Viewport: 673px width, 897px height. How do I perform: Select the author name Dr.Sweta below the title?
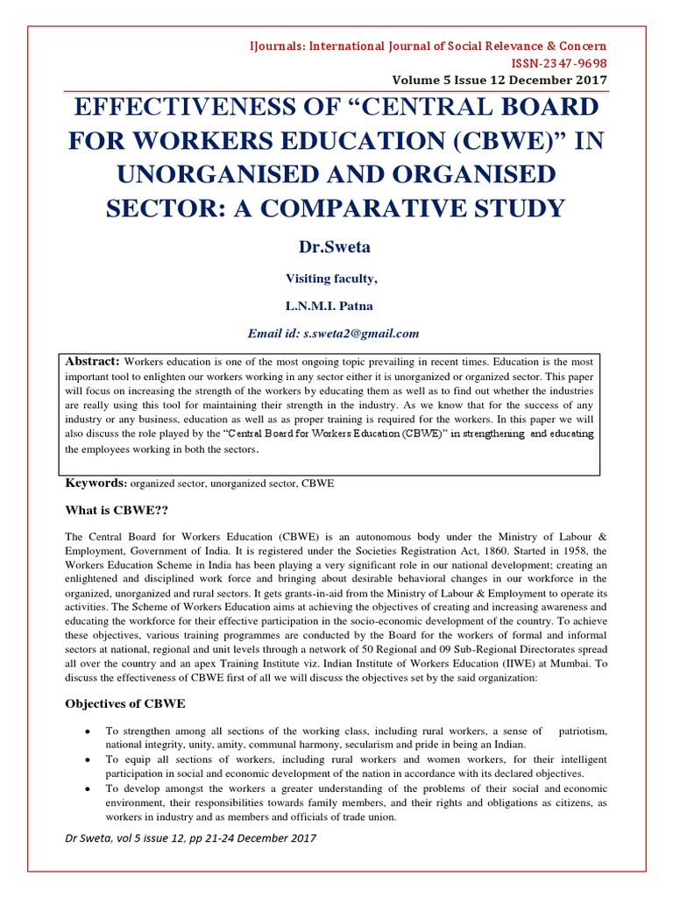pos(336,248)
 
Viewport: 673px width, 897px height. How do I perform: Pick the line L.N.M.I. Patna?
pos(336,306)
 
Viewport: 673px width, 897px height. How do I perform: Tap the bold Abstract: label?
pos(93,361)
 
